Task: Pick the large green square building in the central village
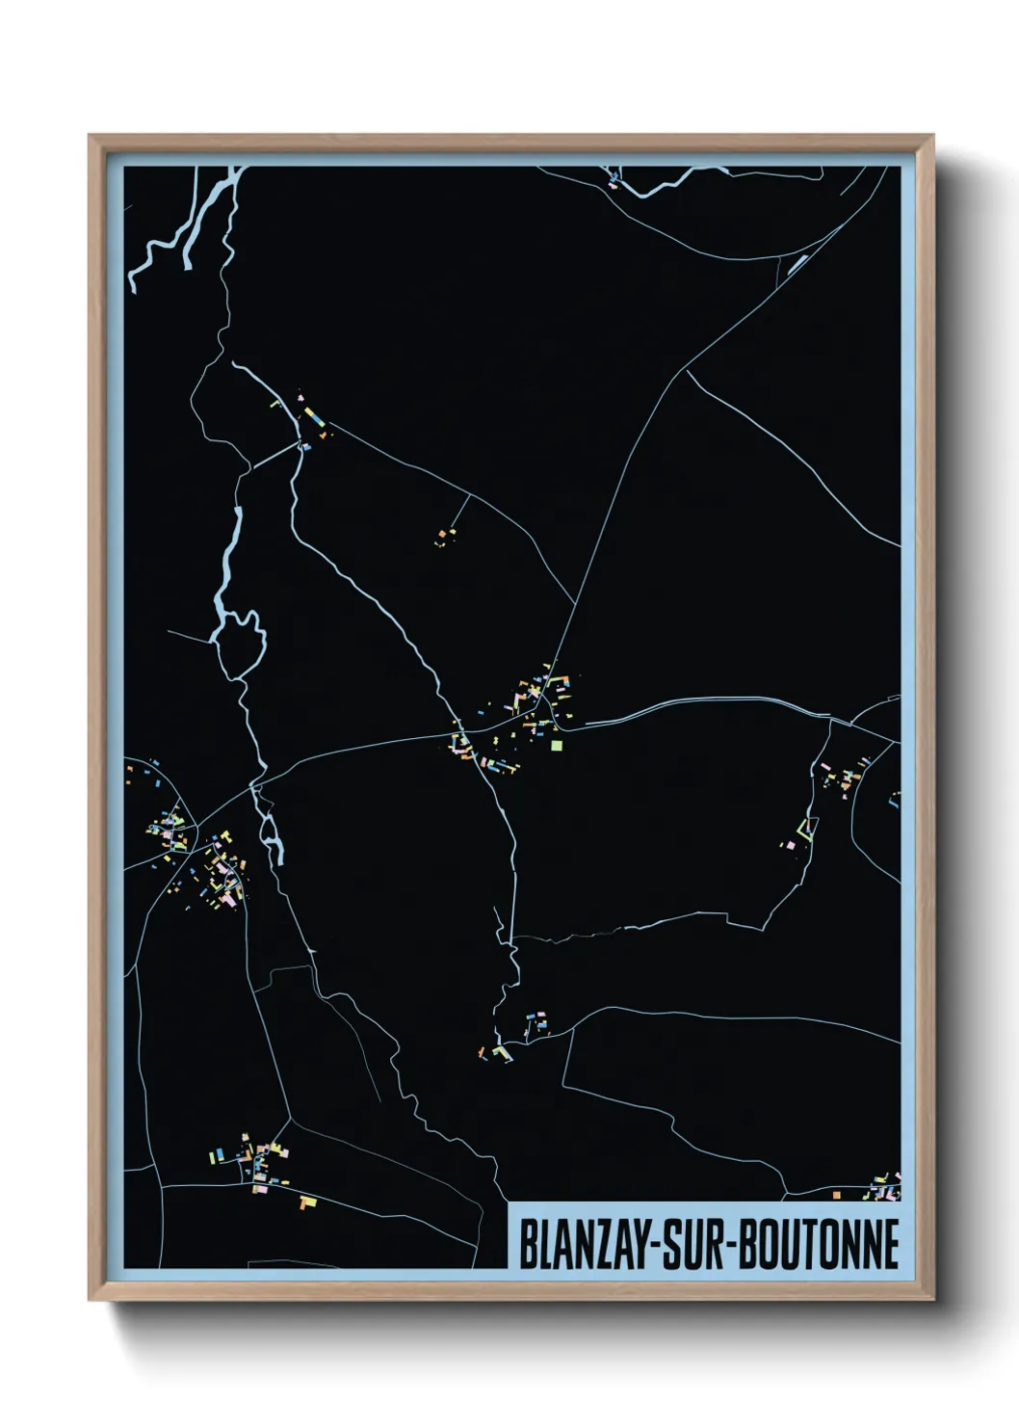point(556,744)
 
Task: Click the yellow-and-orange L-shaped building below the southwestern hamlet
point(307,1202)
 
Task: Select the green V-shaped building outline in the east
point(805,828)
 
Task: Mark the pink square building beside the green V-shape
point(791,845)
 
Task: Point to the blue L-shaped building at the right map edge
point(894,799)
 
